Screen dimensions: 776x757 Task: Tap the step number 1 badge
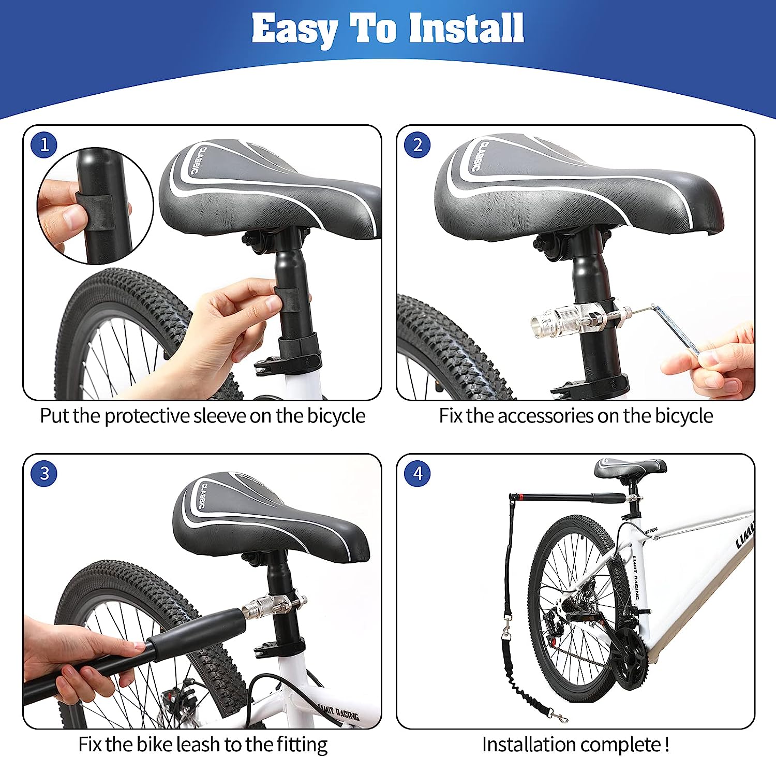click(x=44, y=144)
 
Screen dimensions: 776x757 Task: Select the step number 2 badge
click(x=417, y=144)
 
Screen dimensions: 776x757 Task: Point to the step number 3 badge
click(x=44, y=473)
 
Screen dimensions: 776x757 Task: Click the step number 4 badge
click(x=417, y=473)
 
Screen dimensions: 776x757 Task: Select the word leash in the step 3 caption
click(x=198, y=745)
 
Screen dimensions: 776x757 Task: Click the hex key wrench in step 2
click(x=673, y=326)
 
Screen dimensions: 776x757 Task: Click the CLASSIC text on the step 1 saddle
click(x=197, y=161)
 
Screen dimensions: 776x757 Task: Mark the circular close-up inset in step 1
click(x=95, y=206)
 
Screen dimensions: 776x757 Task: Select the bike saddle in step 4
click(x=630, y=468)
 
